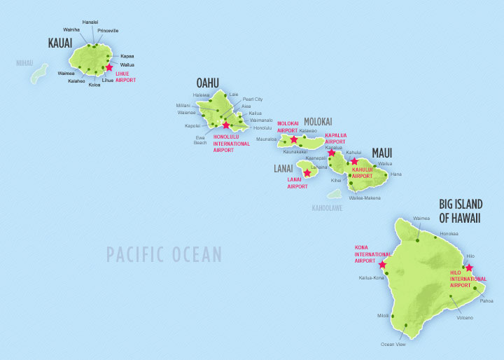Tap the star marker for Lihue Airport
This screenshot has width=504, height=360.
[x=108, y=68]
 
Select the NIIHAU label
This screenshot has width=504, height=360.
[x=24, y=62]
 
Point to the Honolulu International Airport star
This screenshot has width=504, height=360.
[x=225, y=126]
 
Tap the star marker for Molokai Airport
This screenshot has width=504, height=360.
[x=294, y=139]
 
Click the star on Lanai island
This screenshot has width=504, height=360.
[x=307, y=172]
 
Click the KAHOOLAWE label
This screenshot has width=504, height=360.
[x=328, y=207]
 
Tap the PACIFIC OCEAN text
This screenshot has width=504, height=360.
[x=164, y=254]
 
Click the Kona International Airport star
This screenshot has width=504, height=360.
[x=381, y=265]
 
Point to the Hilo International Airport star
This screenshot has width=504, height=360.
[x=469, y=268]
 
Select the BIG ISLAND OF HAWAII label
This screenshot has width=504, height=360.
[x=461, y=211]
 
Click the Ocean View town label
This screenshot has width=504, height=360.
[x=393, y=344]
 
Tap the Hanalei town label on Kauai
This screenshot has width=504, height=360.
[x=90, y=22]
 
